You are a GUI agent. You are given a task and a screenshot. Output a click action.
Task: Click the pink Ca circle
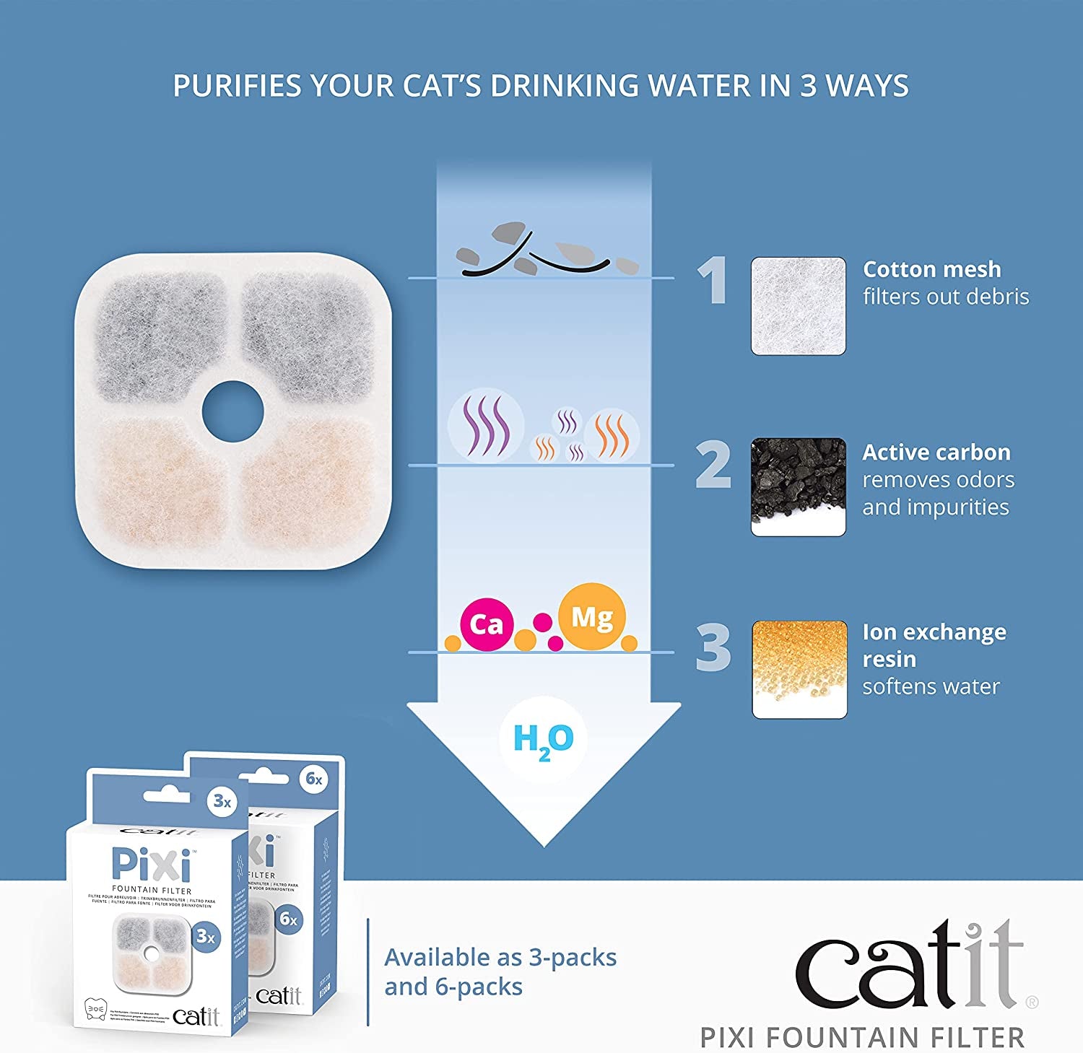click(x=487, y=624)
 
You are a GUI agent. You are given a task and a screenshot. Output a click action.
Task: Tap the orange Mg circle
click(x=592, y=617)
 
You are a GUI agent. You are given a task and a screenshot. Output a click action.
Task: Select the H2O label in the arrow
click(x=543, y=740)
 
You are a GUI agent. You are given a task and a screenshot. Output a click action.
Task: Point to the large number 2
click(x=713, y=466)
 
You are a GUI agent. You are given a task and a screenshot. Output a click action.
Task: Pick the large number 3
click(x=713, y=647)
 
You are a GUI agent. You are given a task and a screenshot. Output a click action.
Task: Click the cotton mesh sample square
click(x=798, y=305)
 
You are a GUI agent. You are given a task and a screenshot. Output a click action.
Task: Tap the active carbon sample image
click(x=798, y=486)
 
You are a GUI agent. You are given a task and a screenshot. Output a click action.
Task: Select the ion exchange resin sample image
click(x=799, y=669)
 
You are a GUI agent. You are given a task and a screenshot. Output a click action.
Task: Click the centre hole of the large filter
click(x=232, y=412)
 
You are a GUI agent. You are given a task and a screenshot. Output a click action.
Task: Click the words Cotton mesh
click(x=931, y=269)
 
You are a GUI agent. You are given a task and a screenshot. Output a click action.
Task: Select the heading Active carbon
click(x=936, y=453)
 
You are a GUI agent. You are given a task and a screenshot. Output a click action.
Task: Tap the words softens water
click(x=931, y=686)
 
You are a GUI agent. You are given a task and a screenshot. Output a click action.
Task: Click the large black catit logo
click(x=910, y=967)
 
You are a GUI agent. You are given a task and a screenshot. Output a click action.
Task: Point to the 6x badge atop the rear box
click(x=314, y=779)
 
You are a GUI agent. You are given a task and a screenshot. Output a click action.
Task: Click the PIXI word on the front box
click(x=152, y=865)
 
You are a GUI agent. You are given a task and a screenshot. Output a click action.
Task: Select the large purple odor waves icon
click(x=485, y=425)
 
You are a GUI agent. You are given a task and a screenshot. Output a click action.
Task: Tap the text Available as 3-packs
click(x=500, y=958)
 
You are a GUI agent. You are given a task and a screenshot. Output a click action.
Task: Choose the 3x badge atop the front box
click(x=222, y=802)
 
